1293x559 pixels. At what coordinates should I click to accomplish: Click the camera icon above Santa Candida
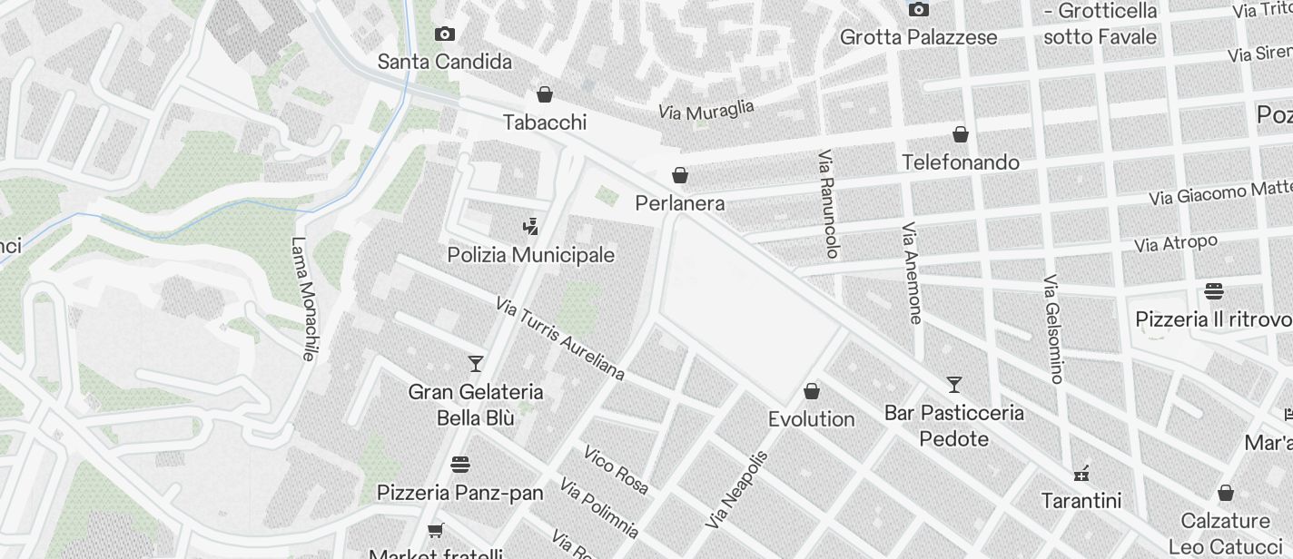(445, 34)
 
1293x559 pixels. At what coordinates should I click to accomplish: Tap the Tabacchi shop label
(545, 123)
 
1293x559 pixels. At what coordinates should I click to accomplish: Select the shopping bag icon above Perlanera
(680, 175)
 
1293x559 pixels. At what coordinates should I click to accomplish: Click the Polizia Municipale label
(531, 255)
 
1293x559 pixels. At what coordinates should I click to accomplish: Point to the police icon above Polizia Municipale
(531, 227)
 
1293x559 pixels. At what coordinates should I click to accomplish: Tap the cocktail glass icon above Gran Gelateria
(475, 364)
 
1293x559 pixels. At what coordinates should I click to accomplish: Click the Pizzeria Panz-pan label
(459, 493)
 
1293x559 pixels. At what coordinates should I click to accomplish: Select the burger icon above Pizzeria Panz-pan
(460, 465)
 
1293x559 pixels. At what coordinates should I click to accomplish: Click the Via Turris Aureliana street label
(560, 338)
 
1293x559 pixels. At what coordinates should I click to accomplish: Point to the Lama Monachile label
(302, 299)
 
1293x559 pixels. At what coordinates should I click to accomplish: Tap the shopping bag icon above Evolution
(812, 391)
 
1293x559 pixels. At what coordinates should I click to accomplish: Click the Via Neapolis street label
(736, 490)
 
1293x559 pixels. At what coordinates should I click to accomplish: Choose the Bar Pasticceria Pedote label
(954, 426)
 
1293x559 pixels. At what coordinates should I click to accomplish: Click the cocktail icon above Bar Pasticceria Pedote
(954, 385)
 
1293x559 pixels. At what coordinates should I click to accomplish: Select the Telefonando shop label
(961, 162)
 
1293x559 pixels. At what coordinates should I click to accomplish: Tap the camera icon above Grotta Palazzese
(919, 10)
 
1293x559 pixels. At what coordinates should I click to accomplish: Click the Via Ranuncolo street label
(829, 204)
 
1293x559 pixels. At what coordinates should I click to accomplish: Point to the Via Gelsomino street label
(1053, 329)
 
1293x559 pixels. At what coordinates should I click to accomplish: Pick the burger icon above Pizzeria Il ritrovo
(1214, 291)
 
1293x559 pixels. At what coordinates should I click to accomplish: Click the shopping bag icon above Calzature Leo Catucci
(1226, 493)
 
